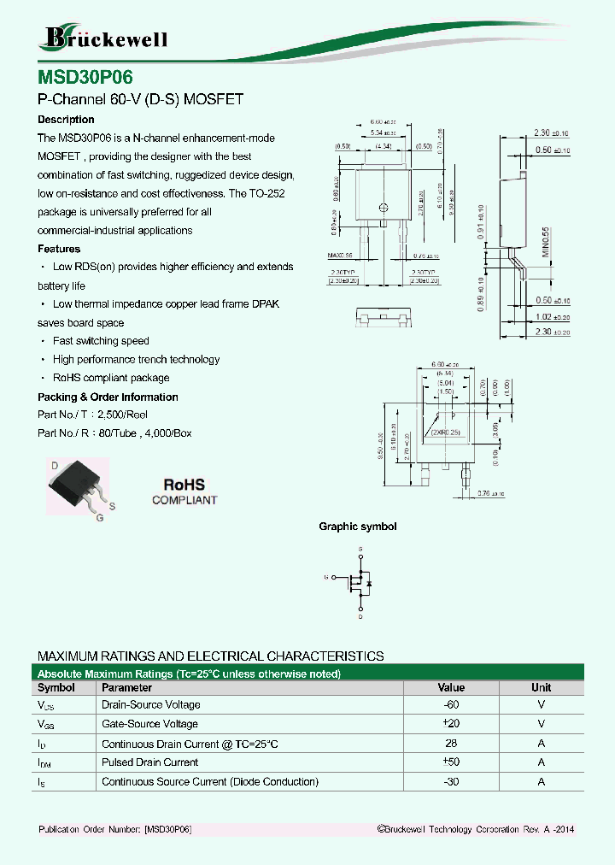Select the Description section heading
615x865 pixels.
[66, 120]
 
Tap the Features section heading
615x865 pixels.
[59, 249]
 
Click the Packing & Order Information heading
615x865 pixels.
[108, 397]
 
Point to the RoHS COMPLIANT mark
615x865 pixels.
[184, 491]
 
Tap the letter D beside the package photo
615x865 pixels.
[55, 466]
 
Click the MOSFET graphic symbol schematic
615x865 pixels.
[360, 582]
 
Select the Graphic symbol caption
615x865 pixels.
[357, 527]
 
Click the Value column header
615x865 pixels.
[451, 687]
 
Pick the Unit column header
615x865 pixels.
[541, 687]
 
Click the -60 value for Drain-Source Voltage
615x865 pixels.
[451, 705]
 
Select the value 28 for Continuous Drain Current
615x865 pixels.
[451, 744]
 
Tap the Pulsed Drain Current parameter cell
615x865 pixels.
[149, 762]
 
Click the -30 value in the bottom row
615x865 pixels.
[451, 782]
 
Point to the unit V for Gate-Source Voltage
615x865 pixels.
[541, 724]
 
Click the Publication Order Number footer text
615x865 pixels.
[114, 830]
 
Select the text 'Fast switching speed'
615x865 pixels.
[101, 341]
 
